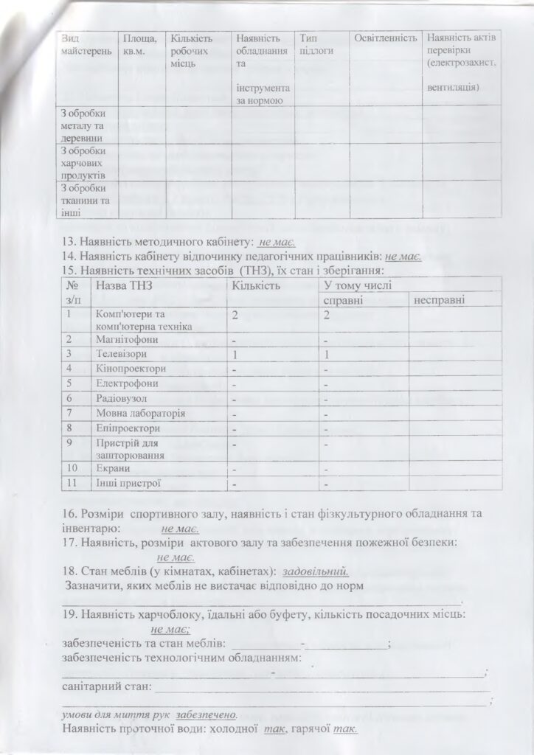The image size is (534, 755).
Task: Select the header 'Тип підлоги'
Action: (x=312, y=43)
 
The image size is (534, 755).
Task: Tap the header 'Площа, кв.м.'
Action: (x=139, y=43)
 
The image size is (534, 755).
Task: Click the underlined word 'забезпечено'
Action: (x=207, y=715)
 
